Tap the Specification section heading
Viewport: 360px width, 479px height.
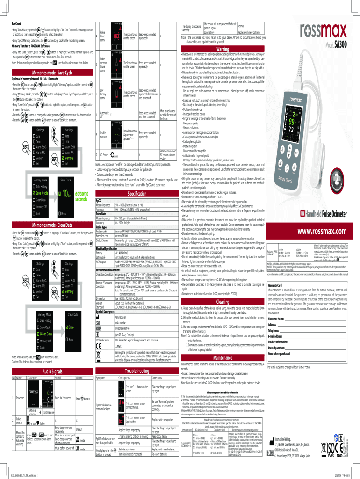coord(134,193)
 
